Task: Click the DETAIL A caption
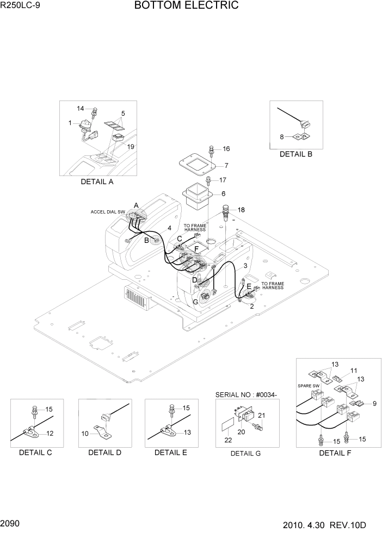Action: tap(97, 182)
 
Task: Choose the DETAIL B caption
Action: tap(295, 154)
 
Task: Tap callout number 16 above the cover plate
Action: tap(226, 149)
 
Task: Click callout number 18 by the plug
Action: tap(241, 210)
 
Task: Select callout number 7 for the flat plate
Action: tap(226, 165)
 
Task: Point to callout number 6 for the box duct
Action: tap(223, 194)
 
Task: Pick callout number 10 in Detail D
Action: tap(85, 433)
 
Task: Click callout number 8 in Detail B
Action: tap(282, 137)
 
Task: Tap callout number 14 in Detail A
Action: tap(80, 109)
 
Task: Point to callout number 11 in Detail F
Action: tap(354, 371)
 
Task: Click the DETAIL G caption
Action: tap(245, 453)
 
